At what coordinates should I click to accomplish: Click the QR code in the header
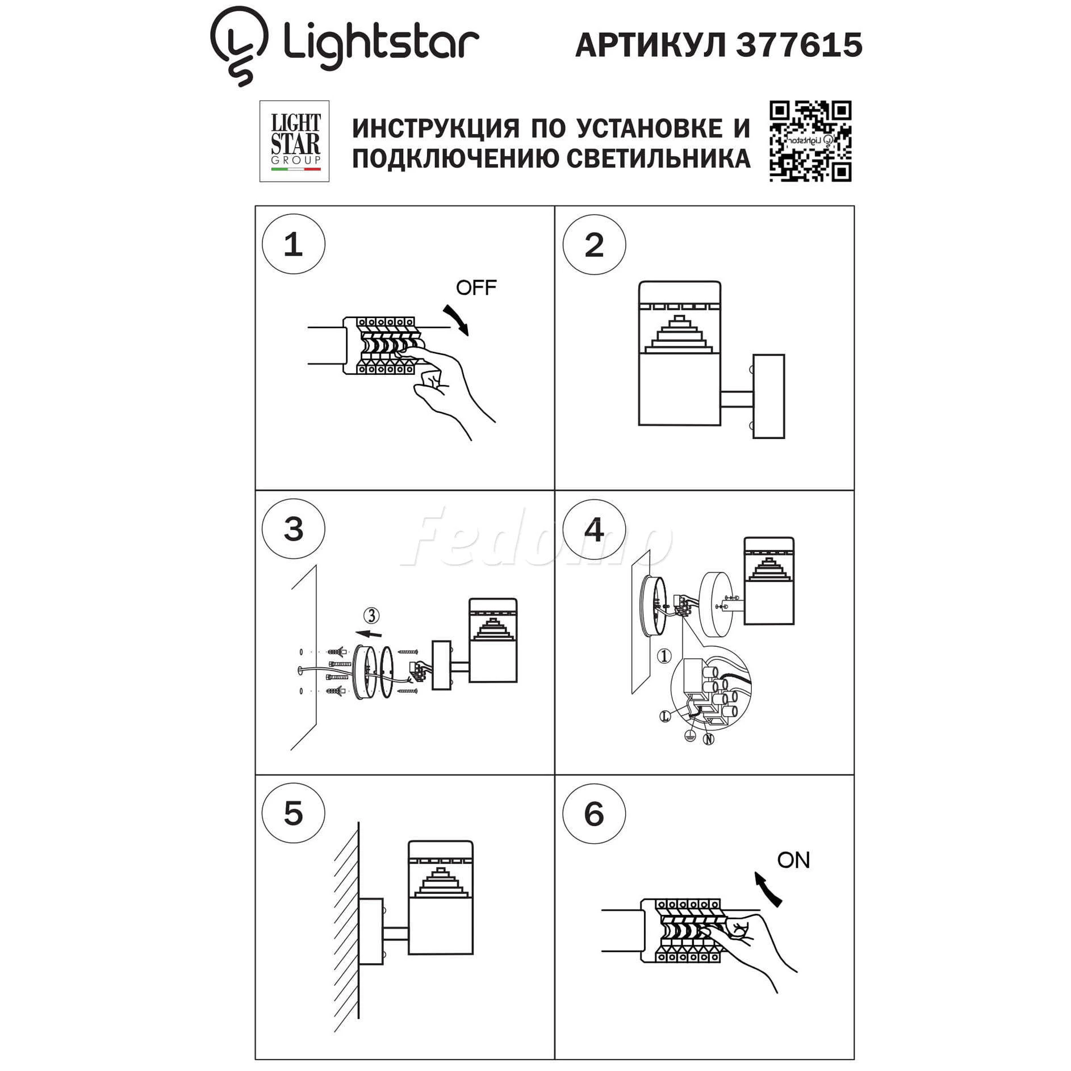810,141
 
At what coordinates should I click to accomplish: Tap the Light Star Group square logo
294,141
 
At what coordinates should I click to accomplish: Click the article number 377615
799,45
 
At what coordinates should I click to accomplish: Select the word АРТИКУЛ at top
651,45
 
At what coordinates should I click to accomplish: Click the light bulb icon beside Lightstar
239,45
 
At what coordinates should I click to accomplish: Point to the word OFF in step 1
476,288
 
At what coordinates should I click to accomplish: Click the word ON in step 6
793,860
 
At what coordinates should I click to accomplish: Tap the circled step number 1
294,244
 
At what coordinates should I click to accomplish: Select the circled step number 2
594,245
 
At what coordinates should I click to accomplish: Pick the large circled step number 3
294,529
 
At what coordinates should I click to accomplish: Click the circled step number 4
594,529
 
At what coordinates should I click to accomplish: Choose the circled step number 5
294,814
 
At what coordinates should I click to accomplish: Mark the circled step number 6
594,814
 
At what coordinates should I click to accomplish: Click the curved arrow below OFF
458,319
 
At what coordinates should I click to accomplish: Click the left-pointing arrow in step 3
368,634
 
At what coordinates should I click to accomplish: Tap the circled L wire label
665,717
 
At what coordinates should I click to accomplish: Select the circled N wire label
708,739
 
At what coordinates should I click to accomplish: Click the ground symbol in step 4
690,736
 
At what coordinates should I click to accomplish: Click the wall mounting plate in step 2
768,396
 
